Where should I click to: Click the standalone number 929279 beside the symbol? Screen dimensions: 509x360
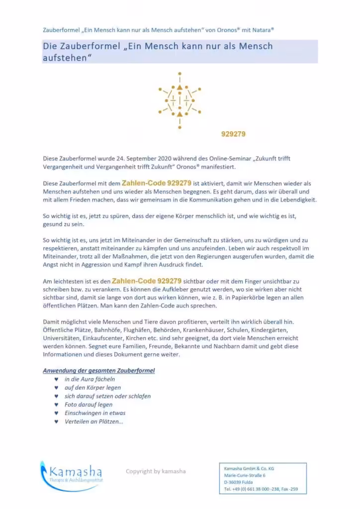pyautogui.click(x=233, y=134)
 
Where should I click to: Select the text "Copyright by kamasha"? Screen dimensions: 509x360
pyautogui.click(x=156, y=471)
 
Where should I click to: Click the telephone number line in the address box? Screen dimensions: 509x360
pyautogui.click(x=261, y=489)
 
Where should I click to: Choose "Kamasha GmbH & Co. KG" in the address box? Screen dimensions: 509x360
pyautogui.click(x=249, y=468)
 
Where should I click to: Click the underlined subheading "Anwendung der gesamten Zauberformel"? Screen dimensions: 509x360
pyautogui.click(x=98, y=371)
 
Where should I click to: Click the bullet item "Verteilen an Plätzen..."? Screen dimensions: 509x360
pyautogui.click(x=94, y=422)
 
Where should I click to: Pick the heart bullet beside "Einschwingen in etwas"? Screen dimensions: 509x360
pyautogui.click(x=56, y=413)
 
